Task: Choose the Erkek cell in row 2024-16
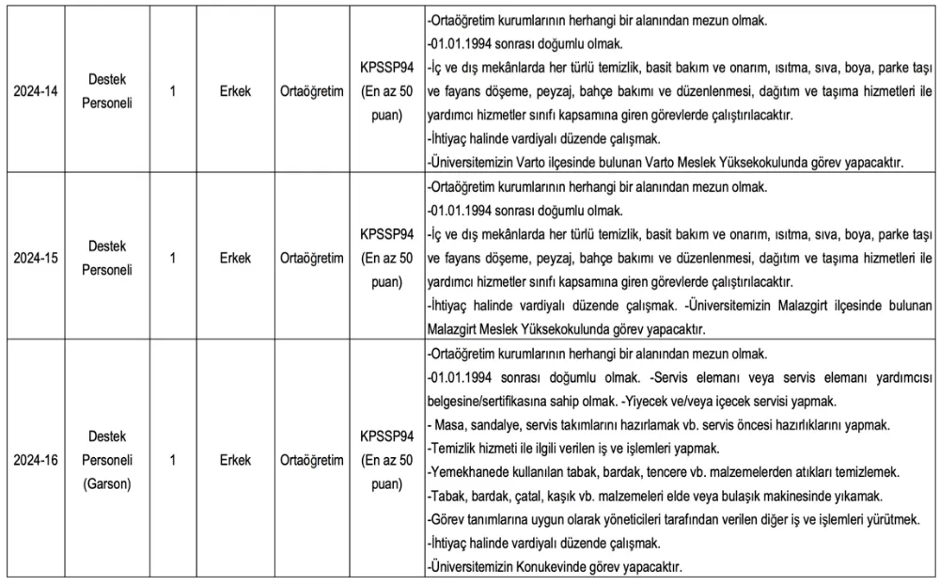[x=235, y=461]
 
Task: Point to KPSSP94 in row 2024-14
[x=386, y=69]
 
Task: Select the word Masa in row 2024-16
[x=449, y=424]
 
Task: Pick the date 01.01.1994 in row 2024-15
[x=462, y=210]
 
